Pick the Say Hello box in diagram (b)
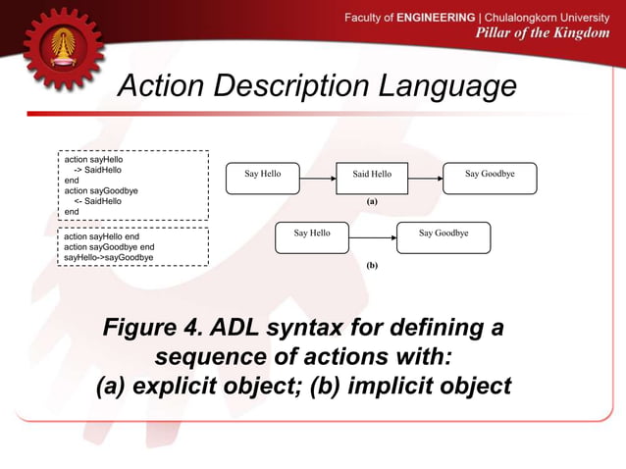312,237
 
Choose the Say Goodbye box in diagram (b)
443,237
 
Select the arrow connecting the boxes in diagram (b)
373,238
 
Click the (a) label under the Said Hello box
372,200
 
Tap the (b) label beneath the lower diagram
372,265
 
